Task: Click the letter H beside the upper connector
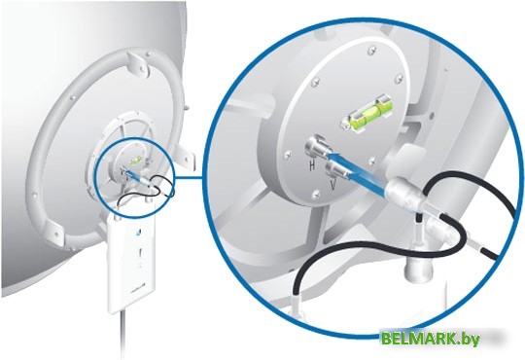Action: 312,165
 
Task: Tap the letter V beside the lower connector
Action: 333,185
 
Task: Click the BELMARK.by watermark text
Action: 431,339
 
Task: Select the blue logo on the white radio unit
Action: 138,233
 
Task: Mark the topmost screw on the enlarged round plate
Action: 371,51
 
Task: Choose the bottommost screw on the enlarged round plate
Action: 316,194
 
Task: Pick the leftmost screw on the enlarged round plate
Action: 287,155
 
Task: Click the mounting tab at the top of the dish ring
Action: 139,62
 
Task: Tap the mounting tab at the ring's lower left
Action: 54,233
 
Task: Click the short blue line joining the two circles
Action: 190,177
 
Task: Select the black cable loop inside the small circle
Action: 148,191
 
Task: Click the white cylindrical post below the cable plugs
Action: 419,267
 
